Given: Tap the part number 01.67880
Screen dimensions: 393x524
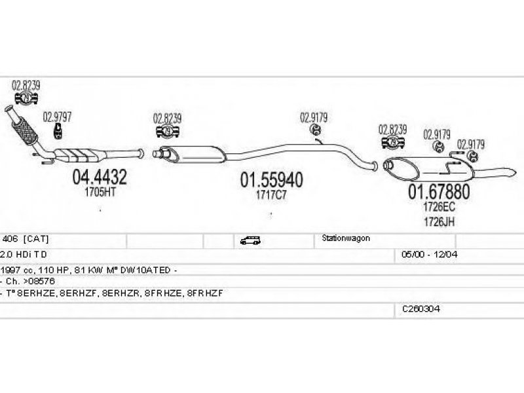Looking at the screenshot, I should pyautogui.click(x=439, y=192).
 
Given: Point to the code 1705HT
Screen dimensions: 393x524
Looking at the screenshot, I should pyautogui.click(x=100, y=193).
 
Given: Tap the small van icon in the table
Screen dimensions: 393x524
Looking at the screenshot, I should pyautogui.click(x=250, y=240).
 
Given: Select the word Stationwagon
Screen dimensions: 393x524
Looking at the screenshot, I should pyautogui.click(x=346, y=238).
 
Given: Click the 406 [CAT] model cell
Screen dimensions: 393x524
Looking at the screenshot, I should pyautogui.click(x=26, y=238).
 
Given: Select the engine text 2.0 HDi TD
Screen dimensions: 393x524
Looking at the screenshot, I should pyautogui.click(x=25, y=253).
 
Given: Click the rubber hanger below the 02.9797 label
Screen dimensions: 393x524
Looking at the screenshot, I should pyautogui.click(x=57, y=134).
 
